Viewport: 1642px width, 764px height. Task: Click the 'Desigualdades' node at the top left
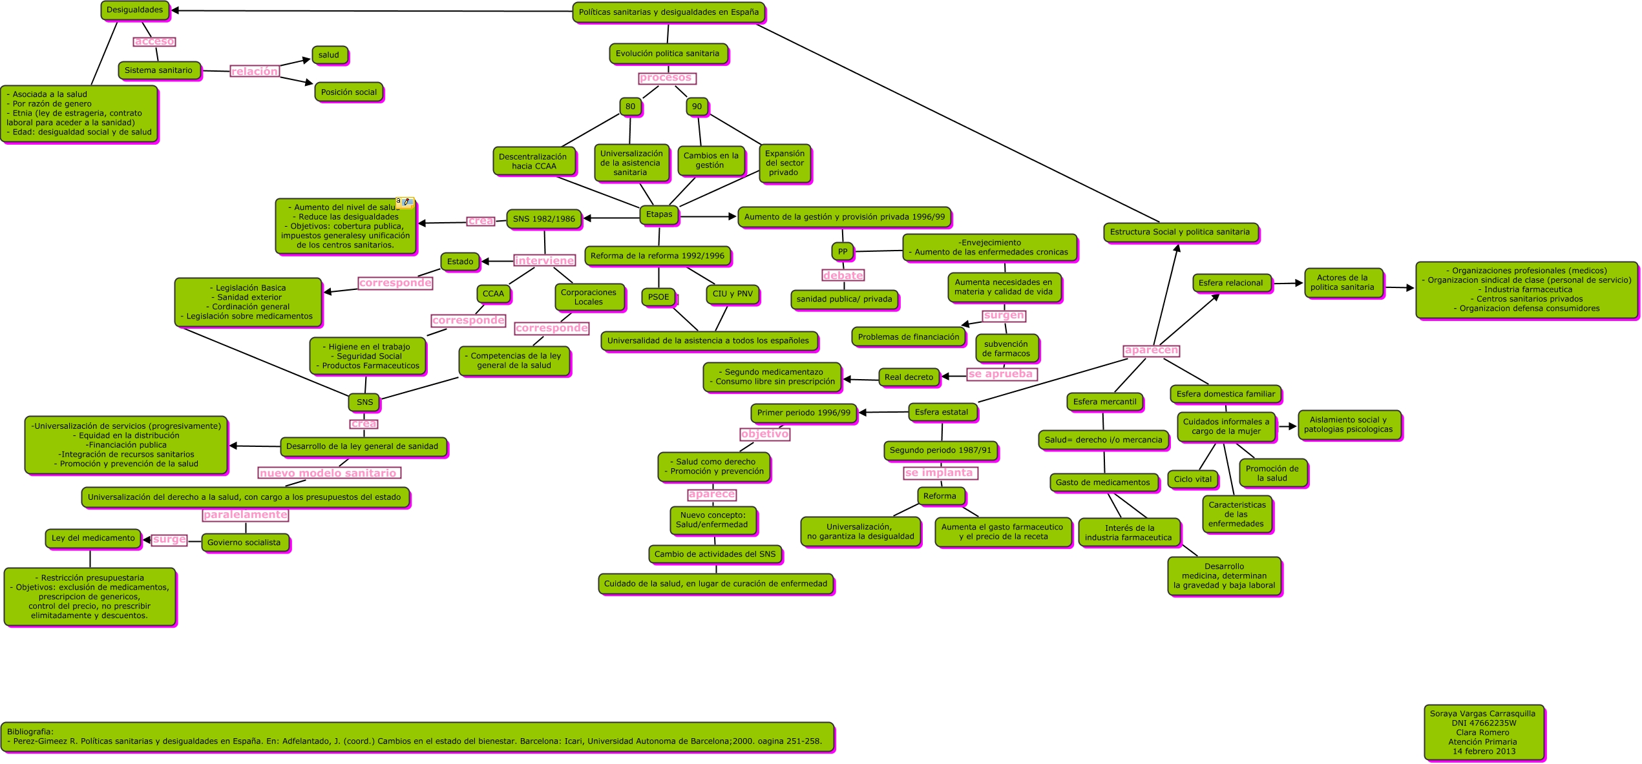(135, 10)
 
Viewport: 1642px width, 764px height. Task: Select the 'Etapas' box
(659, 214)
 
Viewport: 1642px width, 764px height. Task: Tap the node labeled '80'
(630, 107)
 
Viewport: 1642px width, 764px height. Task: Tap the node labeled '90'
(697, 107)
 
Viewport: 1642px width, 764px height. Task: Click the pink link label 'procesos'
(666, 78)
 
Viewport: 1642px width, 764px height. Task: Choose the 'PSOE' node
(658, 297)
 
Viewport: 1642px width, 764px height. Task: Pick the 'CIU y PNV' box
(732, 294)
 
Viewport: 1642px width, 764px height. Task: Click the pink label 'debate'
(843, 276)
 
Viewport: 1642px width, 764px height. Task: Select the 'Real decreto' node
(909, 377)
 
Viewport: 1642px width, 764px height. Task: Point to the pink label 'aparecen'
(1151, 351)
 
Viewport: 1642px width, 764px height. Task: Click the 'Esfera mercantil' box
(1104, 402)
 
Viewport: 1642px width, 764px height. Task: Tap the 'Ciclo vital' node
(1192, 479)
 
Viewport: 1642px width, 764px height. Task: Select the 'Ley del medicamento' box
(93, 538)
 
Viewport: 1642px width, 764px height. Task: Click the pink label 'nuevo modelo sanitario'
(328, 473)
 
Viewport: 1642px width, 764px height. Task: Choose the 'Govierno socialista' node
(244, 542)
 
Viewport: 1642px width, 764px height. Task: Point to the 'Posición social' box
(349, 92)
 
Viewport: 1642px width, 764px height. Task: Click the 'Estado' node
(460, 262)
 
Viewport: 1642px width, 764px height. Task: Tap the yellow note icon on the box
(405, 202)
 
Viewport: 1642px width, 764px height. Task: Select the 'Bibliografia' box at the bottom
(417, 737)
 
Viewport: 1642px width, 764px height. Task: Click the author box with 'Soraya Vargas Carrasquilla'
(1484, 732)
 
